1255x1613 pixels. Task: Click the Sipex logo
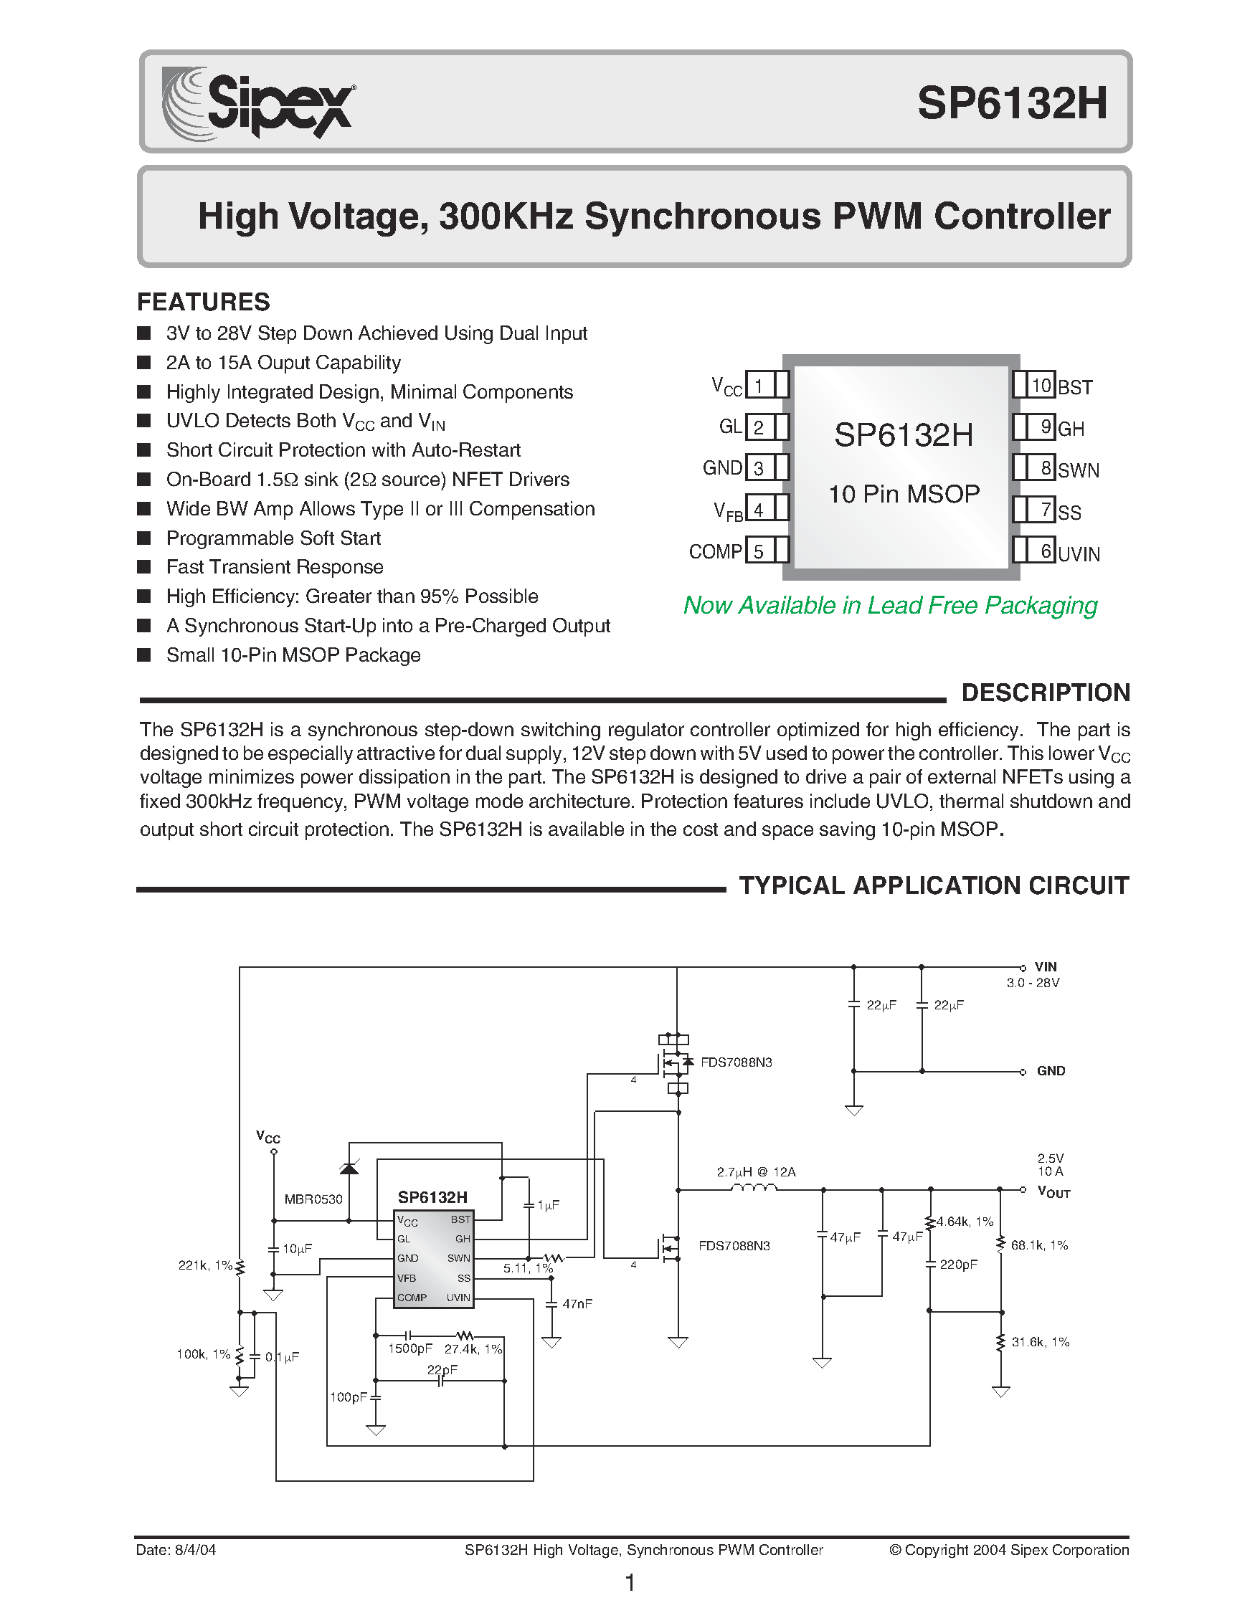[257, 103]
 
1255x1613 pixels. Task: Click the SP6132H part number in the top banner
[1012, 103]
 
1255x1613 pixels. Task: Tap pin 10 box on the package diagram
[1041, 386]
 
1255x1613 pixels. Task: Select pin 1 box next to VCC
[759, 385]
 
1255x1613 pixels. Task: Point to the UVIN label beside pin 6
[1079, 554]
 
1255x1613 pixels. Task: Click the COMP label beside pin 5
[715, 552]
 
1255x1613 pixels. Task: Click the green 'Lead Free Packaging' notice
[890, 606]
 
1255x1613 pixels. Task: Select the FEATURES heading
[203, 301]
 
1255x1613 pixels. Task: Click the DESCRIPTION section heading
[1045, 693]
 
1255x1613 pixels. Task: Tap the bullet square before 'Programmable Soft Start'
[144, 538]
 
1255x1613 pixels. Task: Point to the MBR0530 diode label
[313, 1199]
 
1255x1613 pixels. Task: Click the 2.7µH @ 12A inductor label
[757, 1171]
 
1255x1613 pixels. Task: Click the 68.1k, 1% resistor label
[1039, 1245]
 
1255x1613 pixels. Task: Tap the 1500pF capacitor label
[410, 1348]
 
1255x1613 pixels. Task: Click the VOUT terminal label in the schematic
[1053, 1191]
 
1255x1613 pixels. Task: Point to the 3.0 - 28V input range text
[1033, 983]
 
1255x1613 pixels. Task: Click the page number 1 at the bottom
[630, 1583]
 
